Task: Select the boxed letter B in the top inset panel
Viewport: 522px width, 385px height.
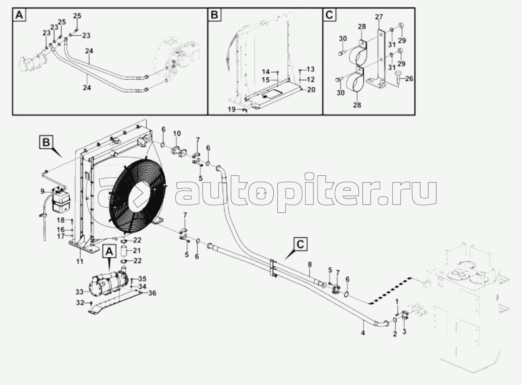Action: pos(214,16)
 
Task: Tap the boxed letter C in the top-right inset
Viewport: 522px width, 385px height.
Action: pos(329,16)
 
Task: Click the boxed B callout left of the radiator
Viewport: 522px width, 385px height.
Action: pos(47,142)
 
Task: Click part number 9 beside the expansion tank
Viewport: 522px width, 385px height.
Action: pos(42,192)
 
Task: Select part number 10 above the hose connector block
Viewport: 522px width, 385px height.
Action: pos(177,133)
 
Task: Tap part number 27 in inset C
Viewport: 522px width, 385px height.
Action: pos(378,17)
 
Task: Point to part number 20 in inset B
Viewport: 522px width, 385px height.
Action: pos(311,90)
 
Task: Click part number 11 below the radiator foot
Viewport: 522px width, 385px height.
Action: pos(80,261)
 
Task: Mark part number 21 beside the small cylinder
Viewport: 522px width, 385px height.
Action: pos(137,251)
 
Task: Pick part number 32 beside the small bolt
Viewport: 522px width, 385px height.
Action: pos(80,303)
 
